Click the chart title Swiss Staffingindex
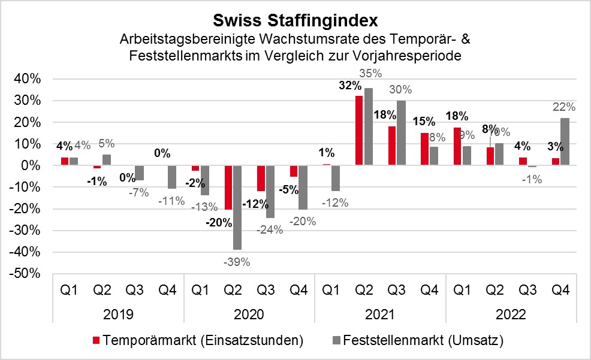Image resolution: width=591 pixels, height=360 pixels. pos(295,21)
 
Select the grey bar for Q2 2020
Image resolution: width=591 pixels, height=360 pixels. pos(238,207)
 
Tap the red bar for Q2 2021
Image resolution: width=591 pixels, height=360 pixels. pos(360,131)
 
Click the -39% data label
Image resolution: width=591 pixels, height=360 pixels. pos(237,261)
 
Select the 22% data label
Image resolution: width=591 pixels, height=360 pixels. pos(563,107)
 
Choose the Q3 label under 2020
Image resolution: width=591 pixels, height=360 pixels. pos(266,292)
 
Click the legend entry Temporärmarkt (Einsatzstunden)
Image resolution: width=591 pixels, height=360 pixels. pos(198,341)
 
